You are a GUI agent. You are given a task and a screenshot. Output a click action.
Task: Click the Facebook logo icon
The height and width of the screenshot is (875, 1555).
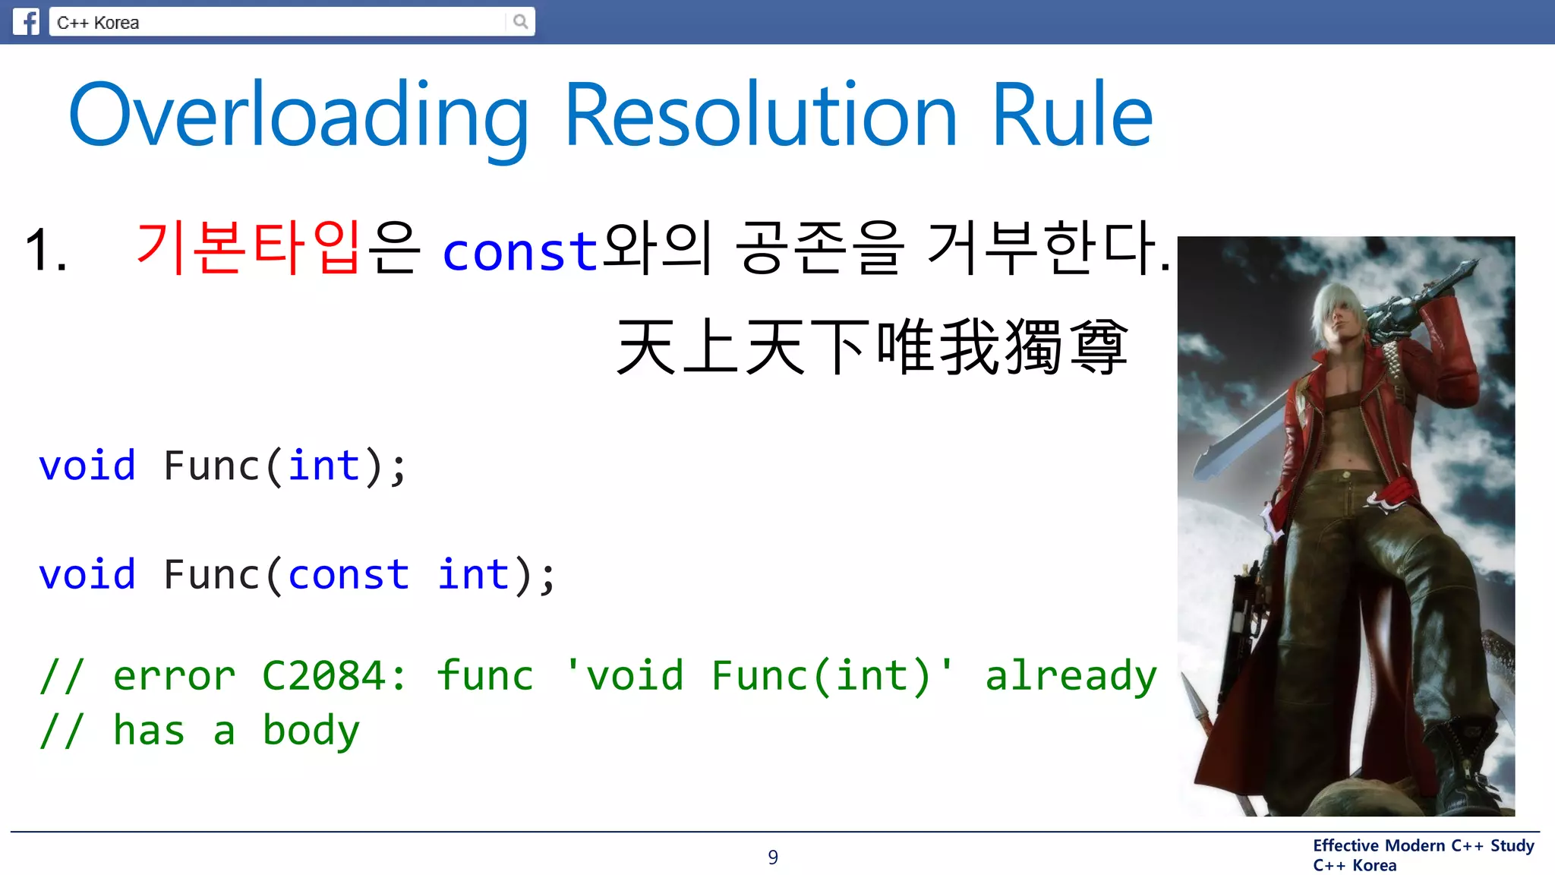26,21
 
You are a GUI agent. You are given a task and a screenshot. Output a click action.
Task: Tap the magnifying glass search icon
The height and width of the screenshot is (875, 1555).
520,21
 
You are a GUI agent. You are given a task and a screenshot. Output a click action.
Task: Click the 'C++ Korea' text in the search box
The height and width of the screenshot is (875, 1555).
98,23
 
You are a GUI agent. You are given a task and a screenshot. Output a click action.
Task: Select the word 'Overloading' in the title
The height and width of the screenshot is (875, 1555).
298,115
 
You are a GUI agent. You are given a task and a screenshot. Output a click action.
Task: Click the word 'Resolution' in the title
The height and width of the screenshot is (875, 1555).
761,115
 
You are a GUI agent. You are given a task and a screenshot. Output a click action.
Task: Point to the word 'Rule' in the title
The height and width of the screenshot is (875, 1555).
1072,115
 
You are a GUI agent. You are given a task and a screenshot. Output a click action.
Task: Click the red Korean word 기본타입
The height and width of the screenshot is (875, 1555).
248,248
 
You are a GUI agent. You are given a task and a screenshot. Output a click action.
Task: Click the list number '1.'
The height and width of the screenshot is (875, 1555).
46,249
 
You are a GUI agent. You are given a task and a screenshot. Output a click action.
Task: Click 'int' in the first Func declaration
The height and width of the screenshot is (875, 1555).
323,465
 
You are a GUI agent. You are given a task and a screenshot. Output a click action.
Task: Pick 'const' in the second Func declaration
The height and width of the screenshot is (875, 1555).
349,574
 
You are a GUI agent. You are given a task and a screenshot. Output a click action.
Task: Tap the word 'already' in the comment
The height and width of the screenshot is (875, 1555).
1070,675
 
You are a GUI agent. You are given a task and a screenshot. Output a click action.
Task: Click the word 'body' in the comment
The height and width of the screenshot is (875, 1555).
311,731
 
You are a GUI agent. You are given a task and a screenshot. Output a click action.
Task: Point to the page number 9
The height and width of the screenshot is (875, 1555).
773,857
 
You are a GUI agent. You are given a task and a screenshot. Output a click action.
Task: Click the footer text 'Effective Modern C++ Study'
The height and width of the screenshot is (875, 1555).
1423,845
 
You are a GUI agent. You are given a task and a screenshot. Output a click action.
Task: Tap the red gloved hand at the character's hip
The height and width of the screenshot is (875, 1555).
1391,498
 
